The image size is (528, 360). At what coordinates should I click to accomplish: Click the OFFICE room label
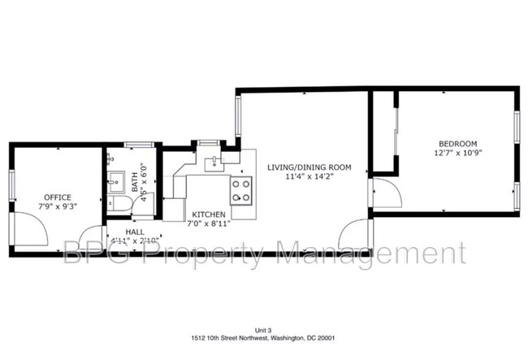[x=58, y=197]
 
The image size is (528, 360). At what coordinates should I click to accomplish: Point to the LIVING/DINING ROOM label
[x=309, y=167]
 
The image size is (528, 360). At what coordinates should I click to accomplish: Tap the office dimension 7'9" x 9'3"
[x=58, y=206]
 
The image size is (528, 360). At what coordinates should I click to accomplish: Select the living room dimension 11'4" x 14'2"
[x=309, y=177]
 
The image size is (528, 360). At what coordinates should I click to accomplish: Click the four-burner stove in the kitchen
[x=241, y=190]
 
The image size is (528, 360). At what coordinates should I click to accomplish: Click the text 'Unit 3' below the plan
[x=264, y=331]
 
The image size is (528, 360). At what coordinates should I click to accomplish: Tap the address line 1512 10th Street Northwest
[x=264, y=339]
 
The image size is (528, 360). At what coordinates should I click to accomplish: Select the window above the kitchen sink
[x=210, y=144]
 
